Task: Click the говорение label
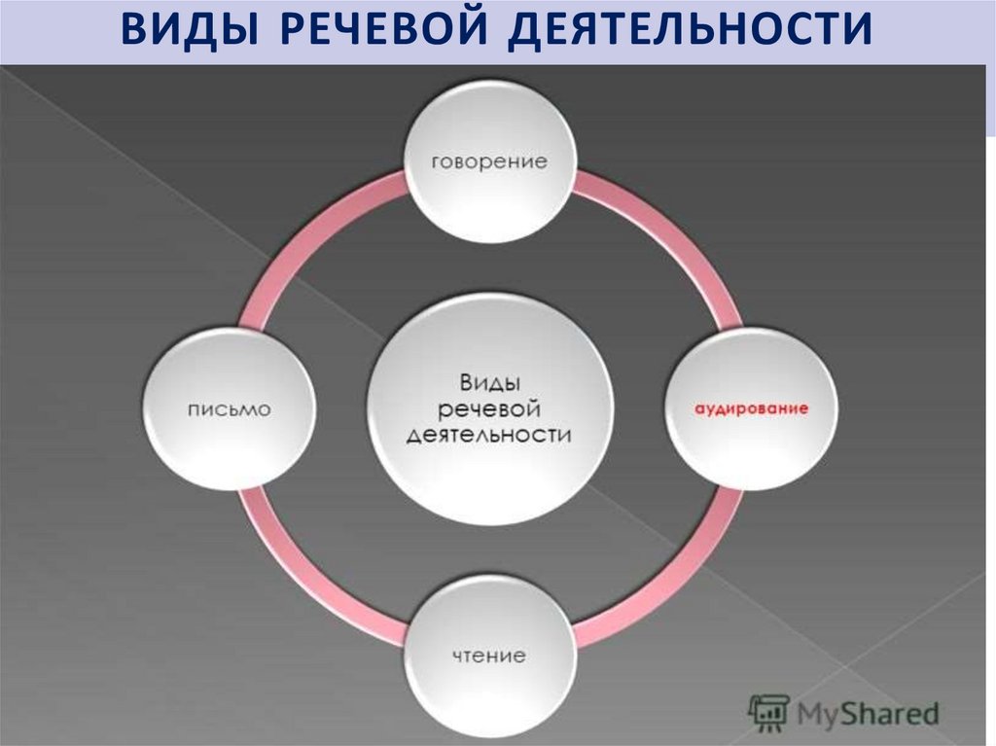[489, 161]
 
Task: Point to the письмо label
[230, 409]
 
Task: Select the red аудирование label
[750, 409]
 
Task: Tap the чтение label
[489, 656]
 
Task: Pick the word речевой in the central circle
[489, 407]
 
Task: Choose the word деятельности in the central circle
[489, 435]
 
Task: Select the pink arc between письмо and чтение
[311, 574]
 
